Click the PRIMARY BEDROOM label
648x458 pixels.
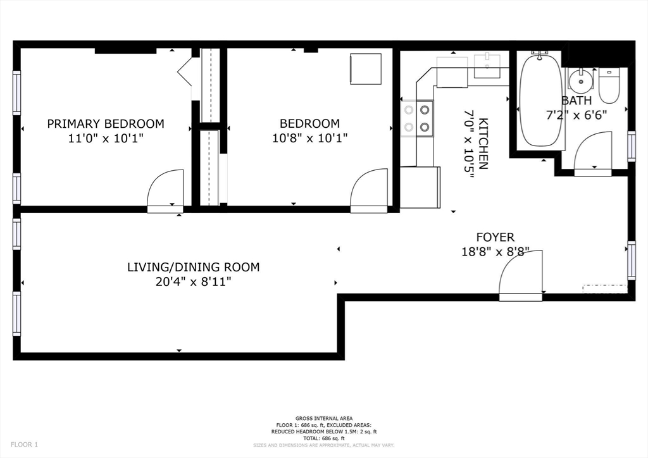[x=106, y=123]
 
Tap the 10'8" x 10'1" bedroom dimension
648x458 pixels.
[x=310, y=137]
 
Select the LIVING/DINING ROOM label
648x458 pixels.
[x=193, y=267]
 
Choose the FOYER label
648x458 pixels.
[x=495, y=237]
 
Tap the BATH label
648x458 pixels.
[x=576, y=101]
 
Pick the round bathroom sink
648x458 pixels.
[x=580, y=80]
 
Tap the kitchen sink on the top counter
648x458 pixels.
[x=487, y=66]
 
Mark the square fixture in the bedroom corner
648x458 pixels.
[x=366, y=69]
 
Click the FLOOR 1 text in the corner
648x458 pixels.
[x=24, y=445]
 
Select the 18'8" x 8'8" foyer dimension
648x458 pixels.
[x=495, y=252]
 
